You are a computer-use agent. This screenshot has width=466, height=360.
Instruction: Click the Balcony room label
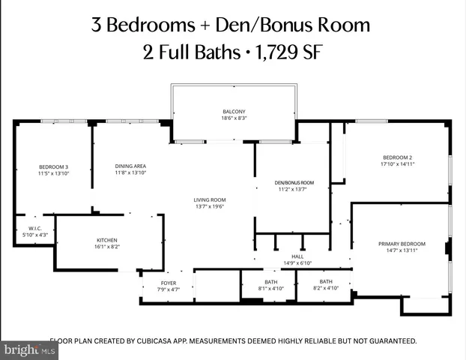point(233,111)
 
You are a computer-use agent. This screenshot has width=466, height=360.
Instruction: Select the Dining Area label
point(130,166)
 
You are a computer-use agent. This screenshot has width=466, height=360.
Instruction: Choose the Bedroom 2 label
point(397,157)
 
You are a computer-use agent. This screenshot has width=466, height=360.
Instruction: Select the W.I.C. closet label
point(34,229)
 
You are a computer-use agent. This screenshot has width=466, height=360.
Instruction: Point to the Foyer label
point(169,283)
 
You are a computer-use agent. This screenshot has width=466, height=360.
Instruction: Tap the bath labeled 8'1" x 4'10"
point(270,282)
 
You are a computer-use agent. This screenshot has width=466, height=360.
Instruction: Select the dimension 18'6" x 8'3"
point(233,118)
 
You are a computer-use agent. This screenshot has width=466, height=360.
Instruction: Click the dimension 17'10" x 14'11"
point(397,163)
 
